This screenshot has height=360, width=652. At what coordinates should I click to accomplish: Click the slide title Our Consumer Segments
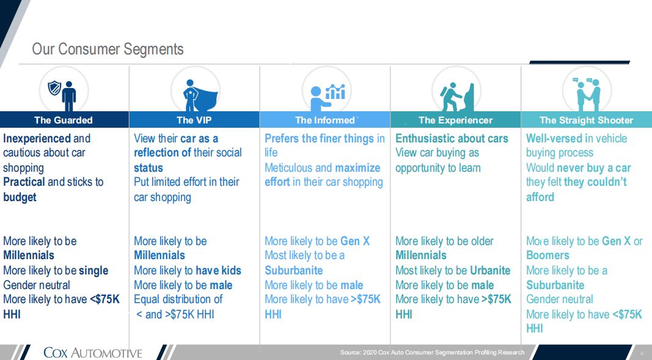(x=108, y=49)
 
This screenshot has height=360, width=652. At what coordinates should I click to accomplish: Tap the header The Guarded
(x=63, y=120)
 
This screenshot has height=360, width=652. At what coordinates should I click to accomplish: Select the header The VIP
(x=194, y=120)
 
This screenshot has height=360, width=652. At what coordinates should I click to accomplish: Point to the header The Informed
(x=324, y=120)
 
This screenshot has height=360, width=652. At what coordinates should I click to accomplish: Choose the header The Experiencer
(x=455, y=120)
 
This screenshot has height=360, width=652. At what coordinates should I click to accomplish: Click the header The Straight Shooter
(x=586, y=120)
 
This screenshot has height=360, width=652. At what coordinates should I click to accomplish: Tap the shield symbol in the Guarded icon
(x=54, y=88)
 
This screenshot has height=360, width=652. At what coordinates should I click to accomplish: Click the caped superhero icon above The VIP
(x=200, y=95)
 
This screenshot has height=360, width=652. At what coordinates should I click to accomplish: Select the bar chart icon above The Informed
(x=335, y=92)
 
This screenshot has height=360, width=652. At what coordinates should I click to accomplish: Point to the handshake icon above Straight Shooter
(x=588, y=94)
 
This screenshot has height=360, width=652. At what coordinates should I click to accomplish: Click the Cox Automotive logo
(x=93, y=353)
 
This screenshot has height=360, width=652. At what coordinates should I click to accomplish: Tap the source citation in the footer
(x=432, y=353)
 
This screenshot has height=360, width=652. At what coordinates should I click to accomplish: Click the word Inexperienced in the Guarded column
(x=37, y=138)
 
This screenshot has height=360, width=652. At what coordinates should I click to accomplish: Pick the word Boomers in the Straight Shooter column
(x=548, y=255)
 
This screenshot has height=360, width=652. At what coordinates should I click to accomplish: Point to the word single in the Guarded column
(x=93, y=271)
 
